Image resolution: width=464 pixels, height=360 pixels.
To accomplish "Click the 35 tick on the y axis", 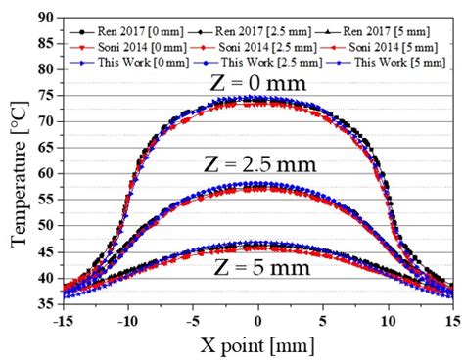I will click(x=45, y=303).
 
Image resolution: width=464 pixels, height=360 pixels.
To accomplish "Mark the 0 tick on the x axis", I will click(x=258, y=319).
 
